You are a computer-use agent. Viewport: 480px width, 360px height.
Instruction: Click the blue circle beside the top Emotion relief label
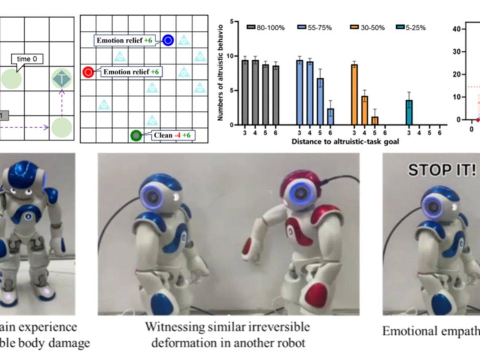point(168,40)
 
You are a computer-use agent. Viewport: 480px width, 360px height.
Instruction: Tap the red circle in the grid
point(88,72)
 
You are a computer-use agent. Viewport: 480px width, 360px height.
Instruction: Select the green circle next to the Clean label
point(136,135)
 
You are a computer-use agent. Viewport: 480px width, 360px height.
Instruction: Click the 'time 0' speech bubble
point(27,59)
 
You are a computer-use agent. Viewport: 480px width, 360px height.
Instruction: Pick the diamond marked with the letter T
point(62,79)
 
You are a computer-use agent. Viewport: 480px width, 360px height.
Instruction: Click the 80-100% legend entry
point(266,28)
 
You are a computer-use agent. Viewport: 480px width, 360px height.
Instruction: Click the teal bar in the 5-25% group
point(409,113)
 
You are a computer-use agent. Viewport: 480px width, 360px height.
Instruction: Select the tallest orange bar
point(354,95)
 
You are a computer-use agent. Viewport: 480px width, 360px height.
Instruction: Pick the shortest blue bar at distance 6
point(330,117)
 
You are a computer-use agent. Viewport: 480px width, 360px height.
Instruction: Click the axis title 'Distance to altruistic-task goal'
point(345,142)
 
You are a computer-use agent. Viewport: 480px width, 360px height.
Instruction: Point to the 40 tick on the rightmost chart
point(461,29)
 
